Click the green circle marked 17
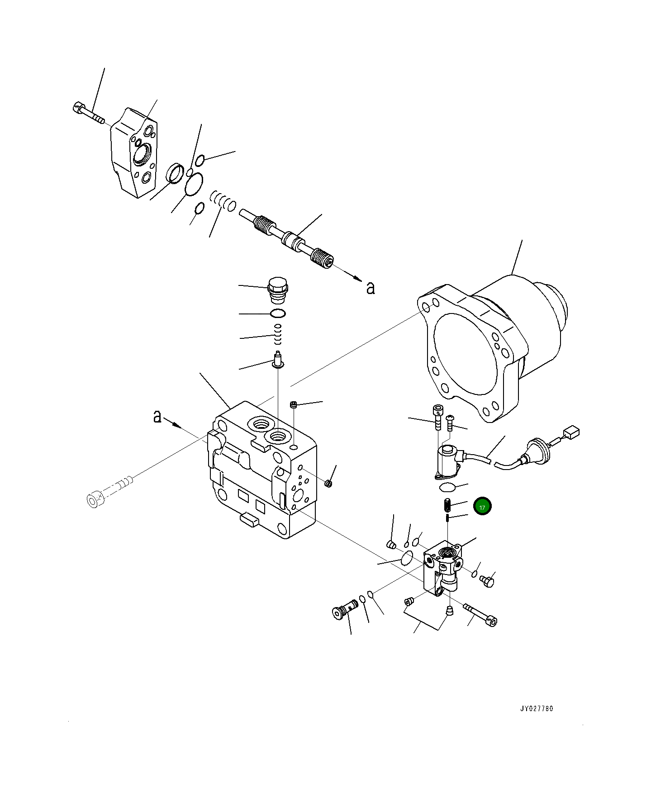pyautogui.click(x=482, y=507)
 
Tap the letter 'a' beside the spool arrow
pyautogui.click(x=371, y=288)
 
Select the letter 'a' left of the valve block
pyautogui.click(x=157, y=416)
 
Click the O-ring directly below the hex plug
pyautogui.click(x=277, y=313)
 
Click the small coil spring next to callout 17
pyautogui.click(x=447, y=504)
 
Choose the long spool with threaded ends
pyautogui.click(x=288, y=238)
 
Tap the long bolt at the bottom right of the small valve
pyautogui.click(x=481, y=614)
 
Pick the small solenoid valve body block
pyautogui.click(x=442, y=571)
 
